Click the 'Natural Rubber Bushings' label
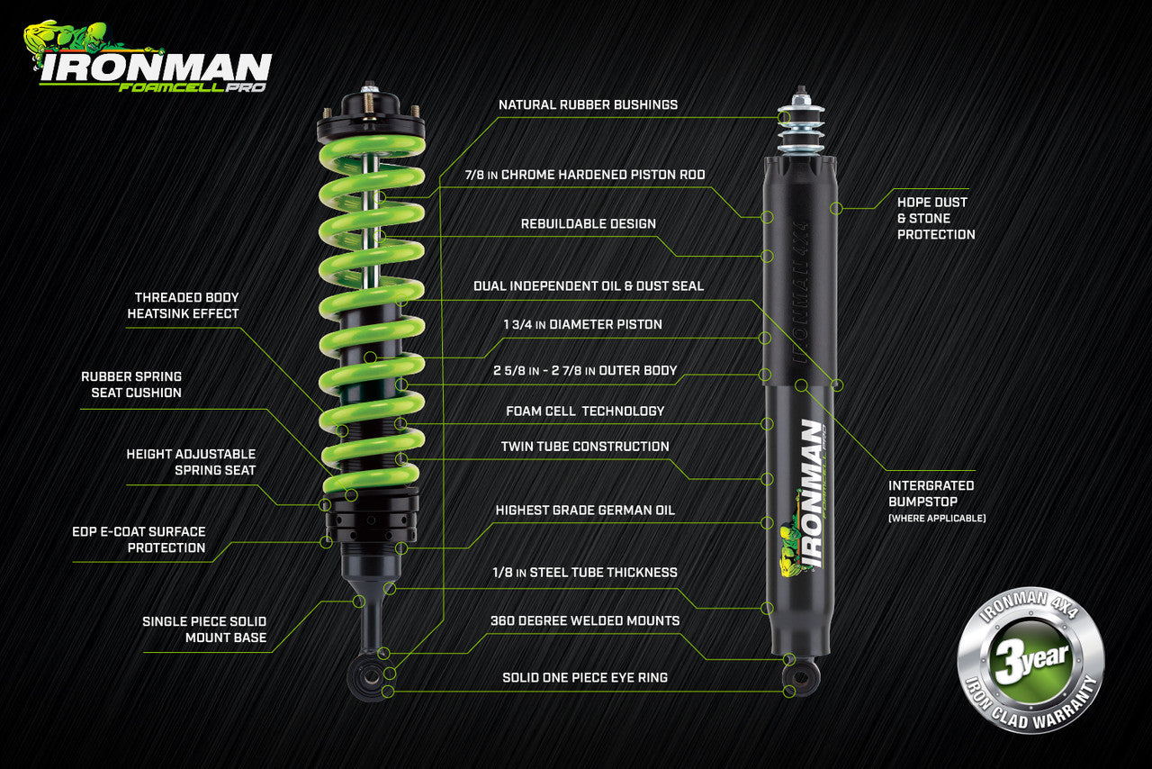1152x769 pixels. [588, 105]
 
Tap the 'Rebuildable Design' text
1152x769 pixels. [589, 224]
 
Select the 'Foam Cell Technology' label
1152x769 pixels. [585, 412]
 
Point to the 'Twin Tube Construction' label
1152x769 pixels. [585, 447]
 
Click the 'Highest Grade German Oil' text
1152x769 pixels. [585, 510]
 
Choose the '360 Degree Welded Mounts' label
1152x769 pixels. [585, 620]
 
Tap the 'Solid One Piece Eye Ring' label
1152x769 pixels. [585, 677]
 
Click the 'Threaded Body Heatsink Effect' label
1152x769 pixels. [183, 305]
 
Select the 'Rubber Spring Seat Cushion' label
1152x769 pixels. [131, 384]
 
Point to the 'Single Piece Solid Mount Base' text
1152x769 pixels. [204, 629]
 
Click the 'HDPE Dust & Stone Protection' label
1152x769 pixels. [936, 218]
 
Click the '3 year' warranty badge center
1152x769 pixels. [1030, 661]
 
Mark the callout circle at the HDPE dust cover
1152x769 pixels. [836, 209]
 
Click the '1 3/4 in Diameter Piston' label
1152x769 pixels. [582, 325]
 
